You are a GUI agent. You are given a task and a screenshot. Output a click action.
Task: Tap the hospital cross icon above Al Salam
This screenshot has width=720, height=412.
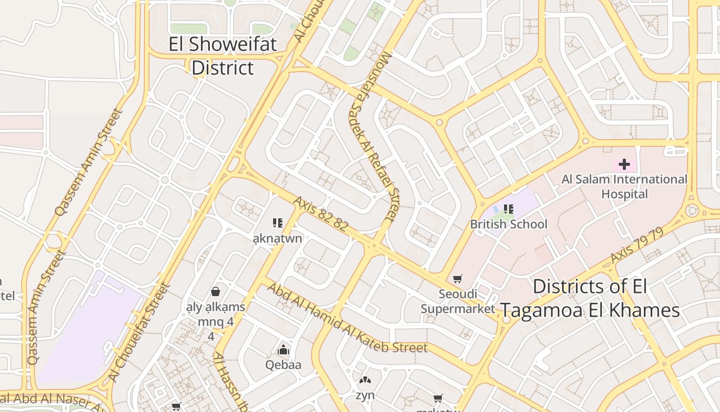624,164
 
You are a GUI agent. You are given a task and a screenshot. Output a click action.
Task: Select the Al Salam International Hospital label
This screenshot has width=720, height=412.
624,186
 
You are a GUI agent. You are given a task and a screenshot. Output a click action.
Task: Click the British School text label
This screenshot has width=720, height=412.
509,224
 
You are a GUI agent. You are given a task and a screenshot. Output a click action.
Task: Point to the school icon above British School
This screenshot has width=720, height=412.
509,209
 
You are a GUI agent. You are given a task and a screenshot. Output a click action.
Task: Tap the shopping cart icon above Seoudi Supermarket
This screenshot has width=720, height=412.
457,279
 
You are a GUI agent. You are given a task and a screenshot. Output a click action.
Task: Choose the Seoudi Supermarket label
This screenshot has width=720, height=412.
457,301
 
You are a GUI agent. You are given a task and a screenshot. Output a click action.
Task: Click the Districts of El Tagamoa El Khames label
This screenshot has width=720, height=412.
590,299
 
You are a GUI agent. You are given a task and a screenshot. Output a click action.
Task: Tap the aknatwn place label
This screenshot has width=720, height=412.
278,238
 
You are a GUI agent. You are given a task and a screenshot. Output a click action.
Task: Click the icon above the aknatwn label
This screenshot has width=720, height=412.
278,223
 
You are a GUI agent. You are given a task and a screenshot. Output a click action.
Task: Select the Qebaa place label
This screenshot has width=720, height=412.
283,365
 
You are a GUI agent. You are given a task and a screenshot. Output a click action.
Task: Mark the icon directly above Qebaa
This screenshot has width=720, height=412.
283,350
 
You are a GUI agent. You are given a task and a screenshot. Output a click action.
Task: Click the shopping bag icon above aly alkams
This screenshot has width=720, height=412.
215,291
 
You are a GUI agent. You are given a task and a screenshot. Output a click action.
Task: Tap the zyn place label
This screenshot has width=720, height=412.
365,396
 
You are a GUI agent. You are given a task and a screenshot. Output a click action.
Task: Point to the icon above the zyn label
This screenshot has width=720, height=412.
365,381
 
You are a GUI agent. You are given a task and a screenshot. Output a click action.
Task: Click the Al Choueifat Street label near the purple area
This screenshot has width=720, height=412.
139,332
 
